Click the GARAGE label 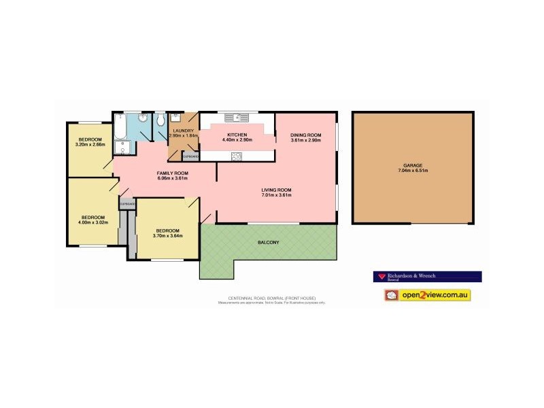(413, 165)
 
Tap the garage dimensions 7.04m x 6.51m (413, 171)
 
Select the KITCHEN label (237, 135)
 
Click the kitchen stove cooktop (237, 156)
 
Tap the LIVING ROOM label (276, 190)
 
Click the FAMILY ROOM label (173, 173)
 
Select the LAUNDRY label (184, 131)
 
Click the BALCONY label (268, 242)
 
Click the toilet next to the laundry (160, 121)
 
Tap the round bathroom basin (143, 118)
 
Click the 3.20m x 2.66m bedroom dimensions (89, 144)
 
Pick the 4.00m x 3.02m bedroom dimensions (93, 222)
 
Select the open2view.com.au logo (428, 295)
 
